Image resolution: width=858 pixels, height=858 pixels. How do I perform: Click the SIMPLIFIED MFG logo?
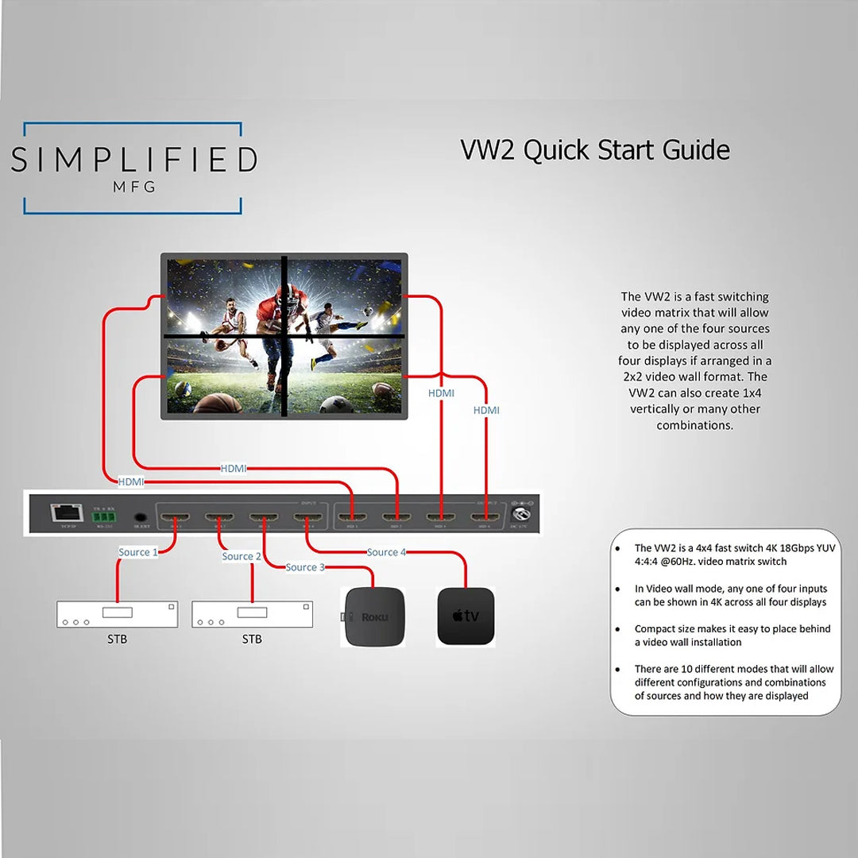click(133, 168)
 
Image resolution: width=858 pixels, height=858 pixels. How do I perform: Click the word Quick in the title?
click(557, 149)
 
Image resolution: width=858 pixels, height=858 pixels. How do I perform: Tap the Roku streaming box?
click(373, 616)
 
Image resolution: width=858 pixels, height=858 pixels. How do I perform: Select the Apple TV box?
click(466, 616)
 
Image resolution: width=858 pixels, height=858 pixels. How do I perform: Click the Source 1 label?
click(137, 552)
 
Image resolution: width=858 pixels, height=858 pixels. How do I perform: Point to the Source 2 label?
click(242, 556)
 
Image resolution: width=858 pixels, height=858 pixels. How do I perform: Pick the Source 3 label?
click(305, 567)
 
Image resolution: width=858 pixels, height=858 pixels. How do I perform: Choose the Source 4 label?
click(387, 552)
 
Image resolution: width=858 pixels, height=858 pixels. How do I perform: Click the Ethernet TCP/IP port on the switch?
click(64, 512)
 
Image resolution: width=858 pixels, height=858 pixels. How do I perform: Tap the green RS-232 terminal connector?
click(103, 515)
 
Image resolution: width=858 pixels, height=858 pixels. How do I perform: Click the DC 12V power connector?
click(523, 516)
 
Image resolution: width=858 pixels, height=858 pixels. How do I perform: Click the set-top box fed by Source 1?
click(117, 614)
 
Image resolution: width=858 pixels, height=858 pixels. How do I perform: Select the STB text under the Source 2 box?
click(252, 639)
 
